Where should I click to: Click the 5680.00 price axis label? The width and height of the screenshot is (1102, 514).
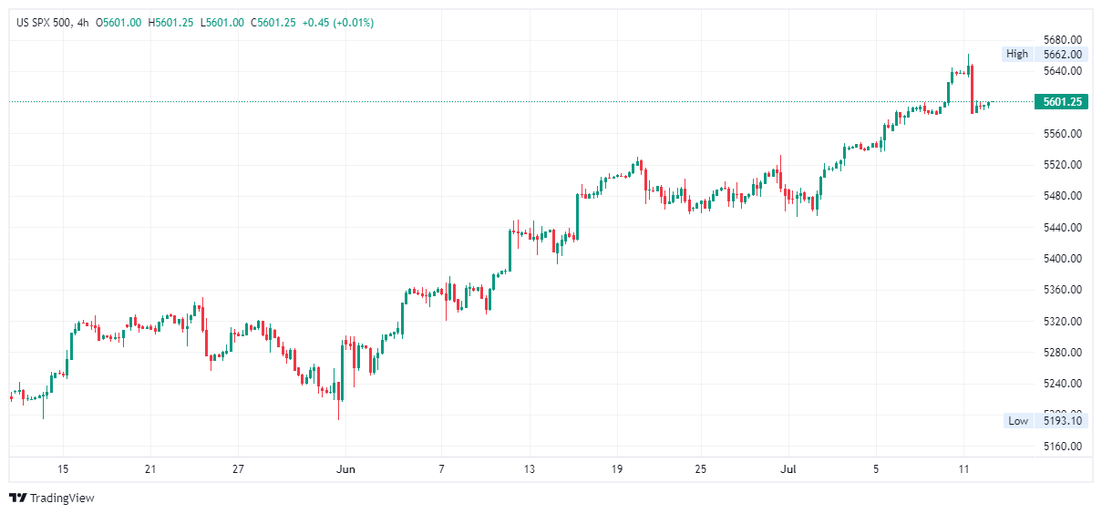(1061, 39)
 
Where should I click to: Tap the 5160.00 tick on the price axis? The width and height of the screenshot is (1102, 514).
(1061, 447)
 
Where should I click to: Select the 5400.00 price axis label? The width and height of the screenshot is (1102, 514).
(1061, 259)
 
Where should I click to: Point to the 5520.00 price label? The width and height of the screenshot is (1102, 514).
(1061, 165)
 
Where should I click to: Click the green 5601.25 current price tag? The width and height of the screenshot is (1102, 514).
(1062, 102)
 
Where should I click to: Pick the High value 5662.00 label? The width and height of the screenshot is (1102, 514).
(1062, 54)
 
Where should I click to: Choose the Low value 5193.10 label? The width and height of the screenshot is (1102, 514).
(1062, 420)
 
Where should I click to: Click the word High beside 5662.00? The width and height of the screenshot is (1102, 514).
(1016, 54)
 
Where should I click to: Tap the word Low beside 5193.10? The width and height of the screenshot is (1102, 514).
(1017, 420)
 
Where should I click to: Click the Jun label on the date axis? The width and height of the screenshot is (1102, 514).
(346, 469)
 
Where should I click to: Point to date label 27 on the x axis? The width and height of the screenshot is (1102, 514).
(238, 469)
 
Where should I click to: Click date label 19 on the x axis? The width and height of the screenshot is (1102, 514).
(616, 469)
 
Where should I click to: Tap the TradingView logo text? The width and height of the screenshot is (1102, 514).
(61, 498)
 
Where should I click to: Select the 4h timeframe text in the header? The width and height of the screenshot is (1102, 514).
(84, 23)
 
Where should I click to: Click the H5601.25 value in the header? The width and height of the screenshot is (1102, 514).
(170, 23)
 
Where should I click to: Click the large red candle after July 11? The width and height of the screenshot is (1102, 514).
(972, 87)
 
